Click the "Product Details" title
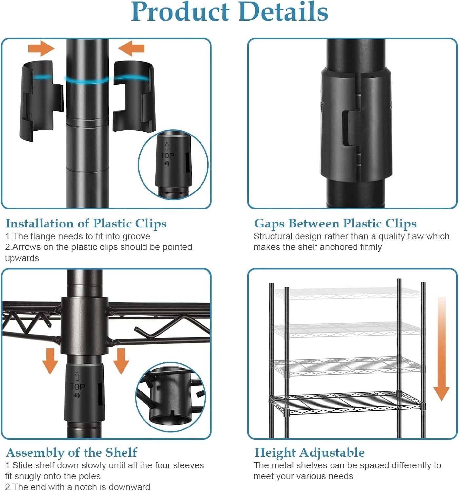coord(229,12)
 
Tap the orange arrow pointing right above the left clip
coord(41,48)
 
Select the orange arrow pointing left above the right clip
coord(131,48)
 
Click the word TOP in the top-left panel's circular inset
coord(167,156)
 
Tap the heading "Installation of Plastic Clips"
coord(86,224)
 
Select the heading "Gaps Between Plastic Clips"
coord(335,224)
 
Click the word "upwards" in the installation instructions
coord(22,258)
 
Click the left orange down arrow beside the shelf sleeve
coord(50,361)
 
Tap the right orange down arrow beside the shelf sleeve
coord(121,361)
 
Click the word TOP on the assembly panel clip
coord(78,387)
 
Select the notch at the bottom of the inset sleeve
coord(172,413)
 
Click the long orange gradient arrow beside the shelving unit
coord(441,349)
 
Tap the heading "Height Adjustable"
coord(310,452)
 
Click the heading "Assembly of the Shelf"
coord(71,452)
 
